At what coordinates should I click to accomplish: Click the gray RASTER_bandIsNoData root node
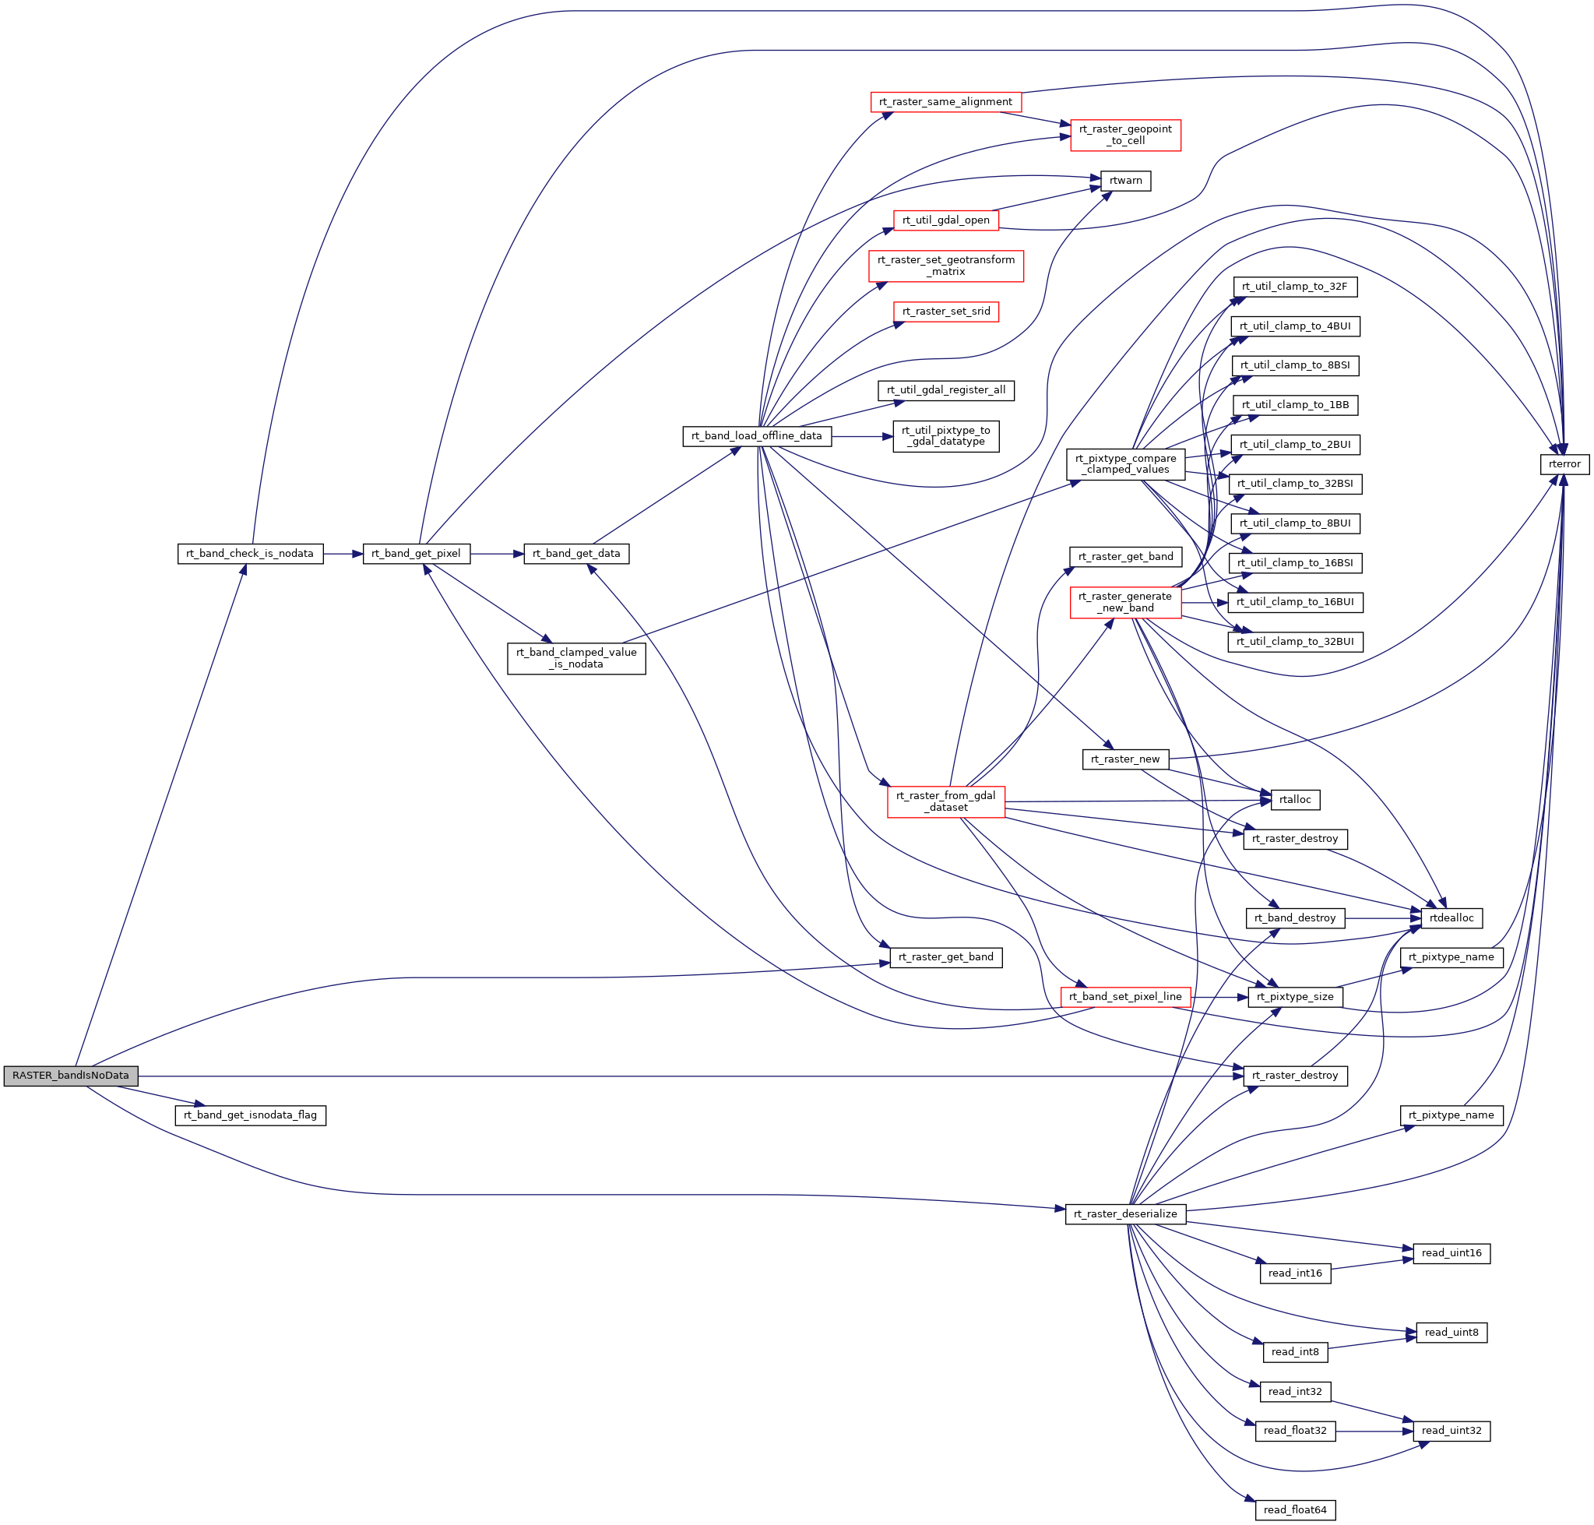coord(71,1076)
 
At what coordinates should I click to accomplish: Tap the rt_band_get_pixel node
coord(416,554)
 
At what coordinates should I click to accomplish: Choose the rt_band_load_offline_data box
coord(756,436)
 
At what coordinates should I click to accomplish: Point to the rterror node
coord(1564,464)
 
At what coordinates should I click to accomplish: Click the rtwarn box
coord(1125,181)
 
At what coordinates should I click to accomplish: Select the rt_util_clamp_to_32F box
coord(1294,287)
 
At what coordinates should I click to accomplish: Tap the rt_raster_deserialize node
coord(1125,1214)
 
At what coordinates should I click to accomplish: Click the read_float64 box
coord(1294,1509)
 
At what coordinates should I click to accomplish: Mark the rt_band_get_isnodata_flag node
coord(251,1115)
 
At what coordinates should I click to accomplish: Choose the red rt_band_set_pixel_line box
coord(1125,998)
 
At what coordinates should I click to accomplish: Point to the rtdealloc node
coord(1451,918)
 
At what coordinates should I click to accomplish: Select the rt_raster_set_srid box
coord(945,312)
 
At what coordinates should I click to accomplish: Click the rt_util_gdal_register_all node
coord(945,390)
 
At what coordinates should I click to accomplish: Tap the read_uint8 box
coord(1451,1333)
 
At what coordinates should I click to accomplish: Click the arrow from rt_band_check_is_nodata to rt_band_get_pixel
coord(342,554)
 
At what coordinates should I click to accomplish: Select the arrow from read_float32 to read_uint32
coord(1374,1432)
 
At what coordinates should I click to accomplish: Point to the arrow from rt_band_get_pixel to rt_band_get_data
coord(496,554)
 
